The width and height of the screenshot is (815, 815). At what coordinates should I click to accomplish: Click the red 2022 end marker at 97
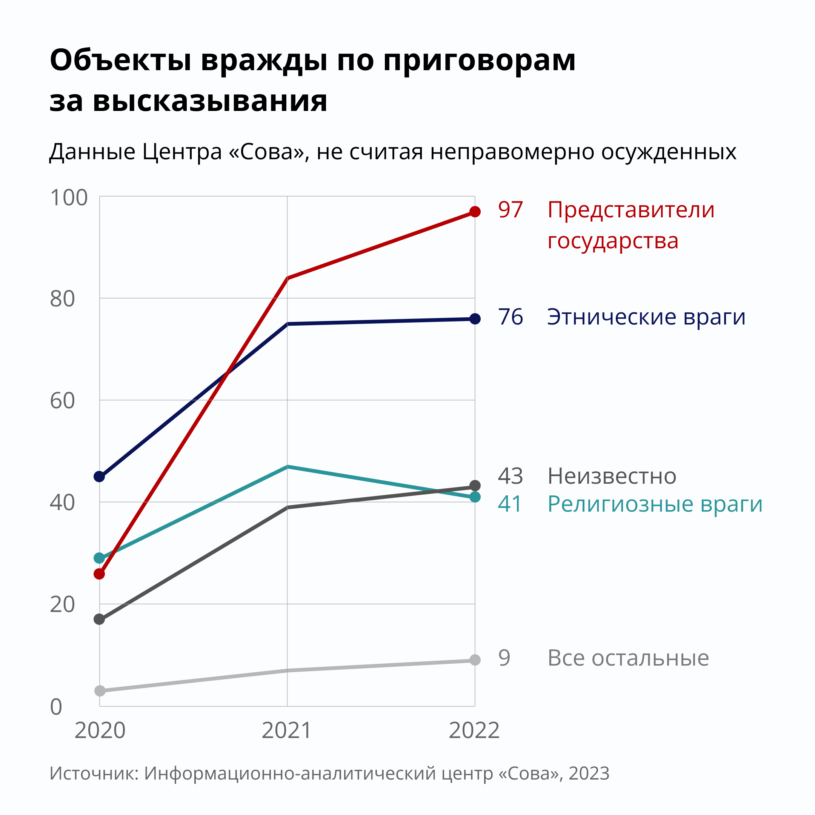pyautogui.click(x=475, y=212)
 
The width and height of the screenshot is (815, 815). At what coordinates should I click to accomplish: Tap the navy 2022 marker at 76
pyautogui.click(x=475, y=319)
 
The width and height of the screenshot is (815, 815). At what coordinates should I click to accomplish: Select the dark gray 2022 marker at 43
pyautogui.click(x=475, y=486)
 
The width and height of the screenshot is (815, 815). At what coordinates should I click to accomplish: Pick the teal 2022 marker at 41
pyautogui.click(x=475, y=497)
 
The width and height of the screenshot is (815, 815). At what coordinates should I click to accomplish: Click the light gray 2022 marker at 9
pyautogui.click(x=475, y=660)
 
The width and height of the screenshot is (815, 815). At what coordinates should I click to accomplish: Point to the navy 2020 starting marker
pyautogui.click(x=99, y=477)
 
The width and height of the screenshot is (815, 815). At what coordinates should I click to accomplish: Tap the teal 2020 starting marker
pyautogui.click(x=99, y=558)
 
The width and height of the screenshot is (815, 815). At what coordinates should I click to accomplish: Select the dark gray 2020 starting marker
pyautogui.click(x=99, y=619)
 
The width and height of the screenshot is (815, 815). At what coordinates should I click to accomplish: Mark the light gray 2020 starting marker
pyautogui.click(x=100, y=690)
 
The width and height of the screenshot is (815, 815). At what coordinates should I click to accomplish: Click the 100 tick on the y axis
pyautogui.click(x=68, y=198)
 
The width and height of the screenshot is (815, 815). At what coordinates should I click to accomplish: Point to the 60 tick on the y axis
pyautogui.click(x=62, y=401)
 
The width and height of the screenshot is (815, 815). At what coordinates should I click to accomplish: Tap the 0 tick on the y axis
pyautogui.click(x=56, y=707)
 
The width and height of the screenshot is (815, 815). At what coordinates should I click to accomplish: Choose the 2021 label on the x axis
pyautogui.click(x=287, y=730)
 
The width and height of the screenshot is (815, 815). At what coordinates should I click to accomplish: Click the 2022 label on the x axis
pyautogui.click(x=474, y=730)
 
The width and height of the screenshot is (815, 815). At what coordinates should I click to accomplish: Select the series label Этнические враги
pyautogui.click(x=646, y=317)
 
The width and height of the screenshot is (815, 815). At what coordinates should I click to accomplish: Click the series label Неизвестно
pyautogui.click(x=612, y=477)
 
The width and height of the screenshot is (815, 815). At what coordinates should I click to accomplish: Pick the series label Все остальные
pyautogui.click(x=628, y=658)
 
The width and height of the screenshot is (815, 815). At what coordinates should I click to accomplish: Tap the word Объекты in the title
pyautogui.click(x=121, y=60)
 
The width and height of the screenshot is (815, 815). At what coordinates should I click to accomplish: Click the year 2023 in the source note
pyautogui.click(x=589, y=773)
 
